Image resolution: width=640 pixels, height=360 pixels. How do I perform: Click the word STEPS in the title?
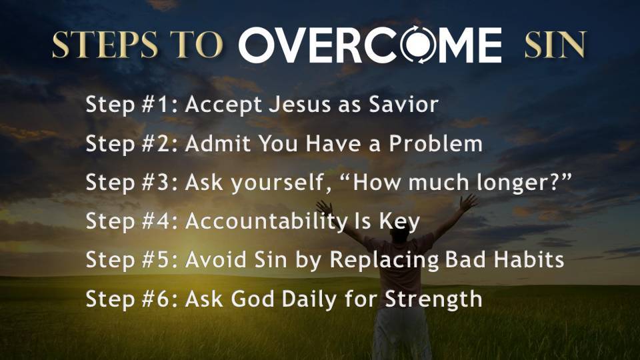tap(105, 45)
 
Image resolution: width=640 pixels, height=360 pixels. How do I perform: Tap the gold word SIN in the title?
tap(555, 45)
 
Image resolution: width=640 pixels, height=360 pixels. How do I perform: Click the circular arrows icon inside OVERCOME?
tap(417, 45)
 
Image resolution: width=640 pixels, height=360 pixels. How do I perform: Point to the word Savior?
tap(403, 104)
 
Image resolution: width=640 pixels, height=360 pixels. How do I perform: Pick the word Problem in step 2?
tap(435, 143)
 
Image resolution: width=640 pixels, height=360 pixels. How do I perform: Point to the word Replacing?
tap(384, 260)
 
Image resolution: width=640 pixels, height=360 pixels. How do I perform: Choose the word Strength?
tap(433, 299)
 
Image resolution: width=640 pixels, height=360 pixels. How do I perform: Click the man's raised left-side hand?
tap(325, 207)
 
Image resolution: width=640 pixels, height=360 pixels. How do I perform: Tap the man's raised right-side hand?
tap(468, 202)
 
